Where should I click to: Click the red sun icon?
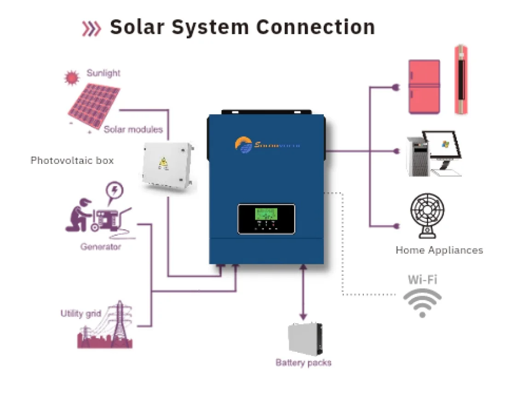coord(72,78)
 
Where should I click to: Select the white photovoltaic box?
coord(167,166)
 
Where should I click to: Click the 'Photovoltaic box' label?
coord(72,161)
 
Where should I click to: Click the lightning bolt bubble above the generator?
coord(115,191)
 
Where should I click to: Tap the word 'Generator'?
coord(101,247)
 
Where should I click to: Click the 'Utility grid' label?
coord(80,314)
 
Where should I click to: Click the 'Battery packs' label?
coord(303,363)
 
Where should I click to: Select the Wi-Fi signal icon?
coord(422,302)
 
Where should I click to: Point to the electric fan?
coord(427,214)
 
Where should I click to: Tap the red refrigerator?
coord(424,87)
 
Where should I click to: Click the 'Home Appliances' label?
coord(439,250)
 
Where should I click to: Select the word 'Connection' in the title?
coord(316,27)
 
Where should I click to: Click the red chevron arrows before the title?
coord(91,29)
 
